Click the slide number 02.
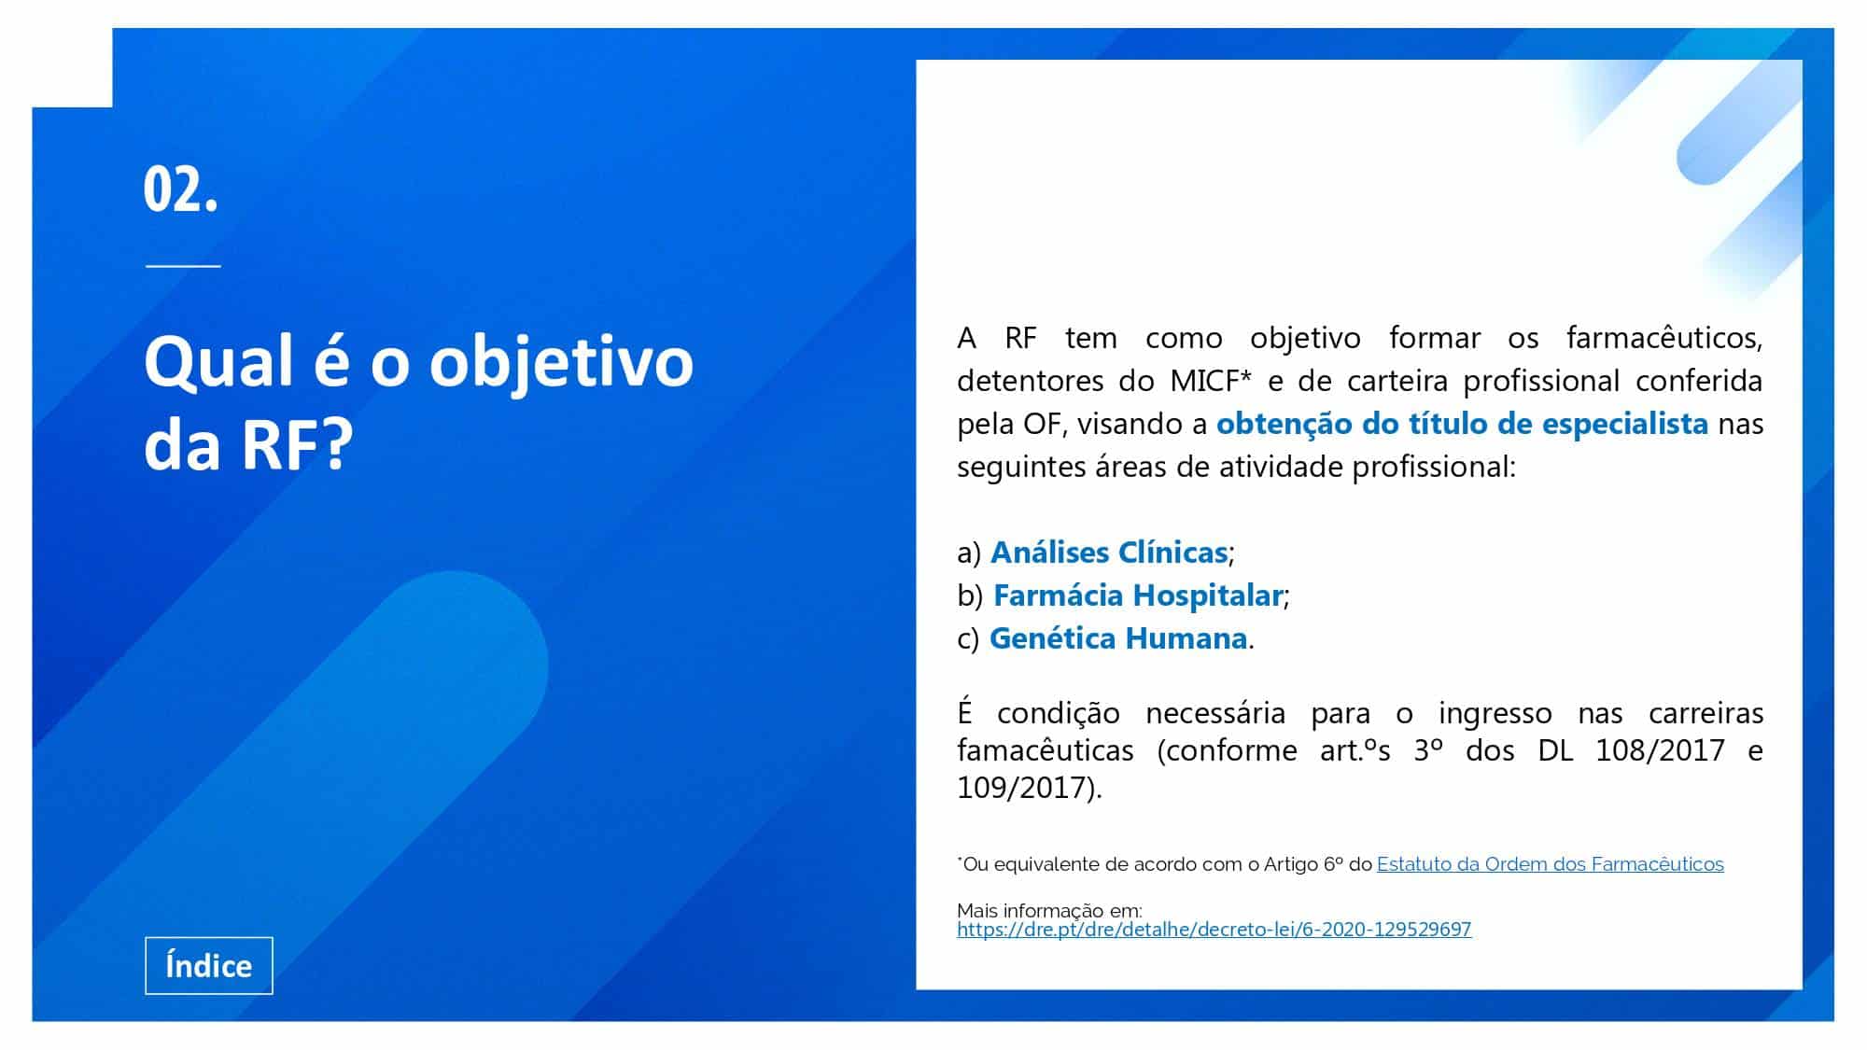point(181,189)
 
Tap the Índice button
point(209,965)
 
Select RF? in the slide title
point(297,444)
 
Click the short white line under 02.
point(183,266)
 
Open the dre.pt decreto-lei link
point(1214,930)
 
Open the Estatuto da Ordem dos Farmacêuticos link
point(1551,864)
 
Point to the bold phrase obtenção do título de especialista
point(1463,424)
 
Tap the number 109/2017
point(1022,788)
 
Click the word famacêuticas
point(1046,750)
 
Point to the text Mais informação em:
point(1049,910)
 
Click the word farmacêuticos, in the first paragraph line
point(1664,338)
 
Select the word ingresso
point(1495,714)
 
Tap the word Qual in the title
point(218,361)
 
